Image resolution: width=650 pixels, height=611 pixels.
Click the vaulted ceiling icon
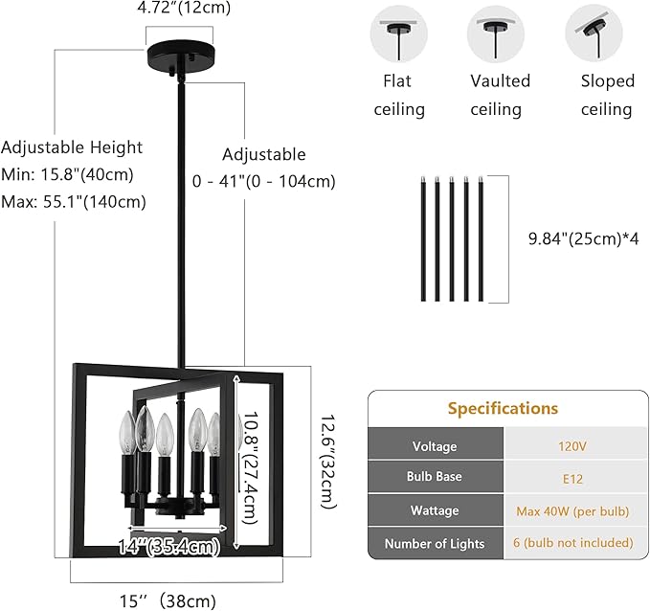click(x=496, y=34)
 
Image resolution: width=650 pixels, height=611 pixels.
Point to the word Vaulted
click(x=500, y=80)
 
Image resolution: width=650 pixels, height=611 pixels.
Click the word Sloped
click(x=607, y=80)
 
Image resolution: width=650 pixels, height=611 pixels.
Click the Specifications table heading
click(x=503, y=408)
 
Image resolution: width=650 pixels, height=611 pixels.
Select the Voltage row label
click(x=435, y=446)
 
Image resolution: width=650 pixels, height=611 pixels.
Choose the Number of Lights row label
click(x=435, y=543)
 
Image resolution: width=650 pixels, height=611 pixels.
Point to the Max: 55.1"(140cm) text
click(x=73, y=201)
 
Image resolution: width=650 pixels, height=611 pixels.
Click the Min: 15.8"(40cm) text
click(x=67, y=174)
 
